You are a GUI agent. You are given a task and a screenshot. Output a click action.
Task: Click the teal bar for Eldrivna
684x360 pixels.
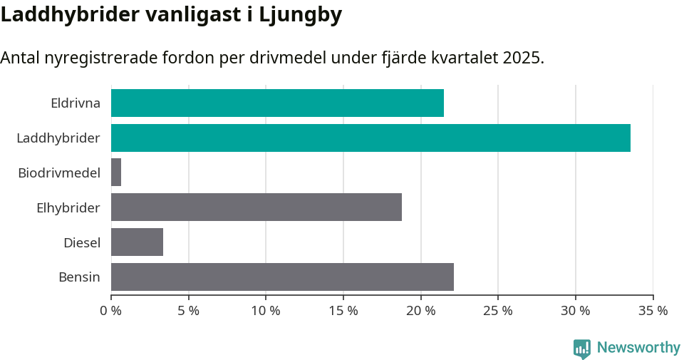[x=277, y=103]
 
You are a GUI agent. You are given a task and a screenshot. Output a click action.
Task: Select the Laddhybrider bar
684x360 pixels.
[x=370, y=138]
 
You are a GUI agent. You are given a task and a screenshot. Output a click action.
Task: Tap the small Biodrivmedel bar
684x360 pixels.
[x=116, y=173]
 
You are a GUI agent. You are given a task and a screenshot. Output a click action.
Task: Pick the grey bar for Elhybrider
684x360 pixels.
[x=256, y=207]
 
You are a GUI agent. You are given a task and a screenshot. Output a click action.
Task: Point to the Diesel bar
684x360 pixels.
[x=137, y=242]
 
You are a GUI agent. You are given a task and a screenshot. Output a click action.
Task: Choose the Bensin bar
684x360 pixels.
[x=282, y=277]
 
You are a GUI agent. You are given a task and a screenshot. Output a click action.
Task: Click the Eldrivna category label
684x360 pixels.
[x=76, y=103]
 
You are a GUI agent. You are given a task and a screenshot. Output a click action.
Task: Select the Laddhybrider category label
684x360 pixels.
[x=58, y=138]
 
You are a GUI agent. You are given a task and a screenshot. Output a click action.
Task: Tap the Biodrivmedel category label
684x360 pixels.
[x=59, y=173]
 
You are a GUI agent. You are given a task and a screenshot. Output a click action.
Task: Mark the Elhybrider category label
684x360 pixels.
[x=68, y=207]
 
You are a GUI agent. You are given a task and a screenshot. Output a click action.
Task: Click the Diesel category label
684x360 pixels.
[x=82, y=242]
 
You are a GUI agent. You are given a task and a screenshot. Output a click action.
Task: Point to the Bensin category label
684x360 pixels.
[x=79, y=277]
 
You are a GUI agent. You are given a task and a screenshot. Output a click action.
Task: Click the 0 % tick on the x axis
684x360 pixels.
[x=111, y=311]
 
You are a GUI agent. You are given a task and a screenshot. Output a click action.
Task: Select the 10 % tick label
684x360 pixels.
[x=266, y=311]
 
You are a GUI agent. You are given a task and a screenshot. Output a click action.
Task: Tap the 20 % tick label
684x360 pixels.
[x=420, y=311]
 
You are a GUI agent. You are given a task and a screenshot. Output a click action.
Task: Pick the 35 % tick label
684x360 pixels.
[x=653, y=311]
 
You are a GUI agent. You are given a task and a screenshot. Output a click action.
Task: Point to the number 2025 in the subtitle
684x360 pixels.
[x=521, y=58]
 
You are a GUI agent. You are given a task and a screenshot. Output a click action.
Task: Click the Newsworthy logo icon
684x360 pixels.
[x=582, y=348]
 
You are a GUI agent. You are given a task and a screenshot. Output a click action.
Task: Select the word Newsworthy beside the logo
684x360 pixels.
[x=638, y=348]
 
